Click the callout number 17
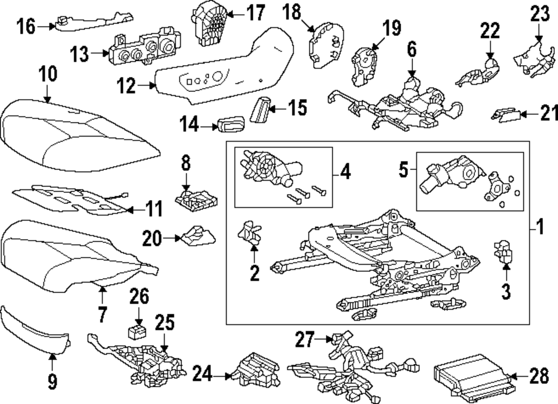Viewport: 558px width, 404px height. (x=256, y=13)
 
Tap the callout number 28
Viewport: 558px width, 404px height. (x=539, y=376)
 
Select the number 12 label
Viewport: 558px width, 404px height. (x=126, y=86)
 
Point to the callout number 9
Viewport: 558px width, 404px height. (x=52, y=381)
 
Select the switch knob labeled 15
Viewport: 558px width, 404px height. (x=260, y=109)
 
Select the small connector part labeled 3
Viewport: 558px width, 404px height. (x=503, y=251)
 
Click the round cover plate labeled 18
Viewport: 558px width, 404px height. (x=326, y=44)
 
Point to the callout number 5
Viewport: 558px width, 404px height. (x=403, y=169)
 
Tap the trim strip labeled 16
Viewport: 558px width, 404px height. (x=93, y=23)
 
